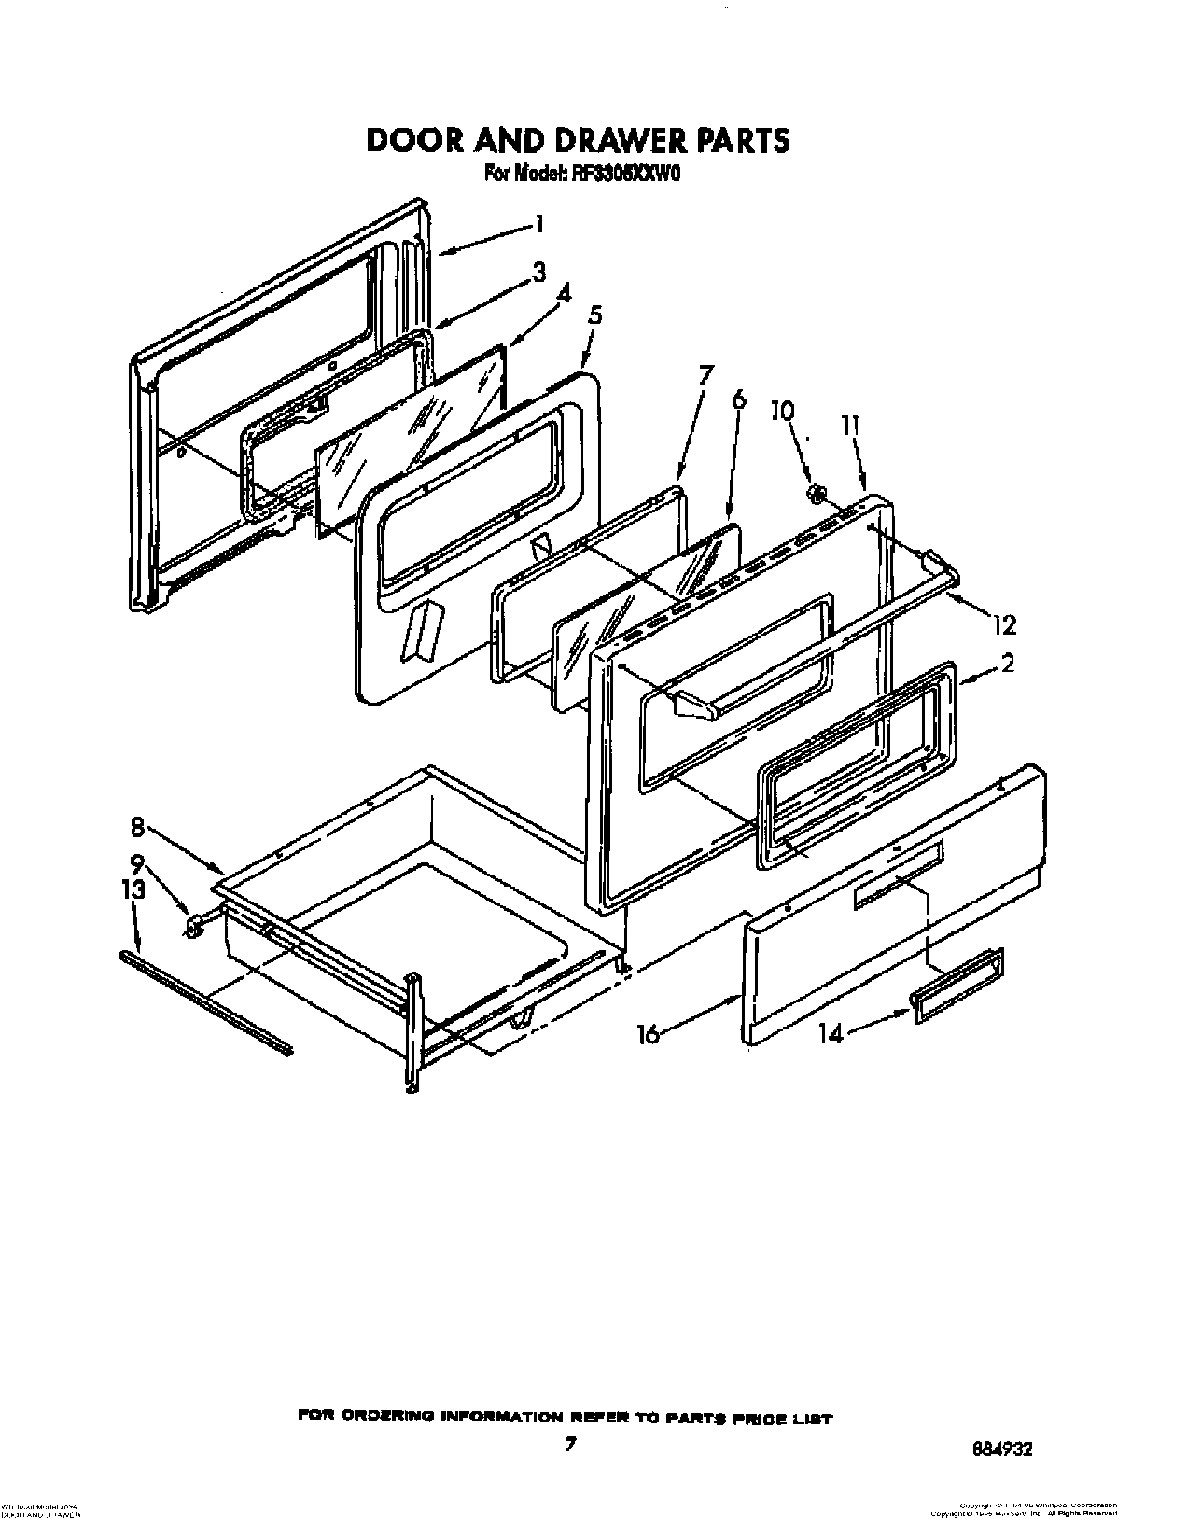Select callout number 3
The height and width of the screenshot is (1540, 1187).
tap(538, 273)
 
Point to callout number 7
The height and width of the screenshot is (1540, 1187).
tap(706, 375)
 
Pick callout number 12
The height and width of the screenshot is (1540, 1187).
tap(1004, 624)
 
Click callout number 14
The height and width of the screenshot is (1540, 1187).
tap(831, 1033)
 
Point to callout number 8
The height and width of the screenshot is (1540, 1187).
tap(136, 825)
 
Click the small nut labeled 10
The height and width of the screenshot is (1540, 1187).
tap(816, 492)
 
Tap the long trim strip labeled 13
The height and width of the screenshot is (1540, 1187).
tap(205, 1001)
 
